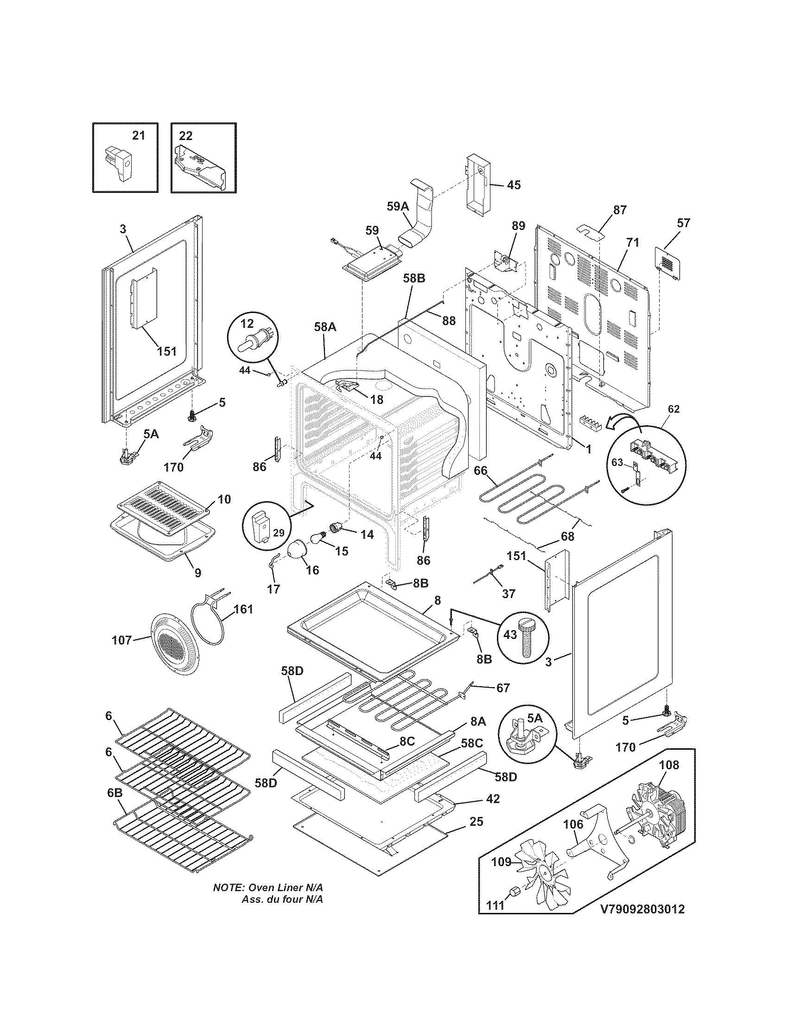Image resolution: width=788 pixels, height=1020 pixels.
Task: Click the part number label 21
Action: [x=139, y=135]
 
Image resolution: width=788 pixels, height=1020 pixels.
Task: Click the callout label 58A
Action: [x=324, y=327]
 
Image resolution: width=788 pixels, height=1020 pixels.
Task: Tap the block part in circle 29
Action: [x=261, y=527]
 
